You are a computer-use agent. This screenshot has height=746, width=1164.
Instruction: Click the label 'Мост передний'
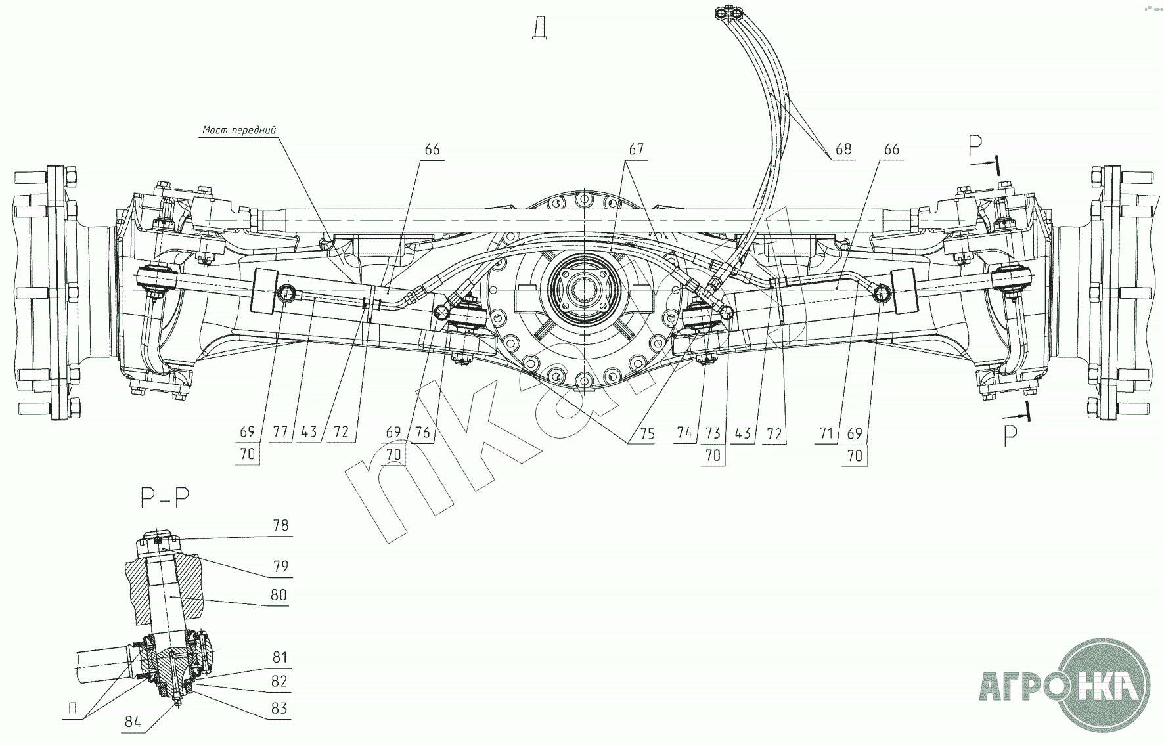click(x=239, y=130)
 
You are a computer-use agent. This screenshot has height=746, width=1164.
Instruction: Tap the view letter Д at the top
click(x=541, y=29)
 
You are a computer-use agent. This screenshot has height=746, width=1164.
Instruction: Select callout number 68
click(x=843, y=149)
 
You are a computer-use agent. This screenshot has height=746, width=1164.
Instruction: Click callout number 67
click(x=637, y=149)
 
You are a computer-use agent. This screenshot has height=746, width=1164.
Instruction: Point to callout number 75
click(x=646, y=434)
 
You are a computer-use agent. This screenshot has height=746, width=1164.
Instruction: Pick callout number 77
click(x=281, y=432)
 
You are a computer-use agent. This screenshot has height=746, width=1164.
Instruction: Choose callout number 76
click(x=422, y=432)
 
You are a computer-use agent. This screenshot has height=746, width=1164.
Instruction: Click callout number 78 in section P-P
click(x=280, y=525)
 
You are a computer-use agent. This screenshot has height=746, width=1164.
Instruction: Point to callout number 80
click(x=279, y=595)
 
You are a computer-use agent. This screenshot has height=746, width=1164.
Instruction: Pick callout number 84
click(x=133, y=722)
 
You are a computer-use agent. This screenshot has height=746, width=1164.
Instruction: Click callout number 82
click(x=279, y=681)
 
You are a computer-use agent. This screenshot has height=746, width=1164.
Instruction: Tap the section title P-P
click(x=165, y=498)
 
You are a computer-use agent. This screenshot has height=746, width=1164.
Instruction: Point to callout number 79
click(x=280, y=566)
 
